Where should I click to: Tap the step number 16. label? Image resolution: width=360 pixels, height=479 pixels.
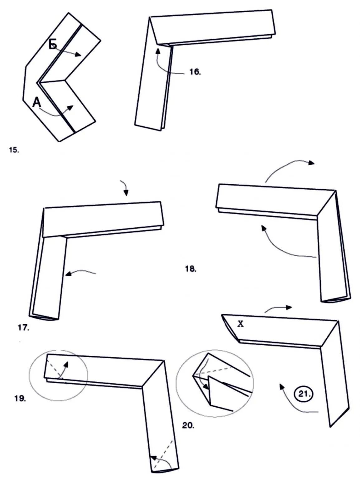click(195, 72)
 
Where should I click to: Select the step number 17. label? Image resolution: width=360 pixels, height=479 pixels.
click(24, 328)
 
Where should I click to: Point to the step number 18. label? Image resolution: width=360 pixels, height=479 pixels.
click(191, 269)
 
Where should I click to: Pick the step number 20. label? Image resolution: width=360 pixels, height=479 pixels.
click(188, 425)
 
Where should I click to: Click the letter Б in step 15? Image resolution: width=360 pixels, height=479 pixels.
click(53, 45)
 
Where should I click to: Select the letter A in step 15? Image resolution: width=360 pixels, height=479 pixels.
click(37, 102)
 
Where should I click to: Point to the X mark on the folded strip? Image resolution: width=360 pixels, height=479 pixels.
click(240, 324)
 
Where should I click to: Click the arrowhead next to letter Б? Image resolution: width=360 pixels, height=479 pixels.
click(78, 55)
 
